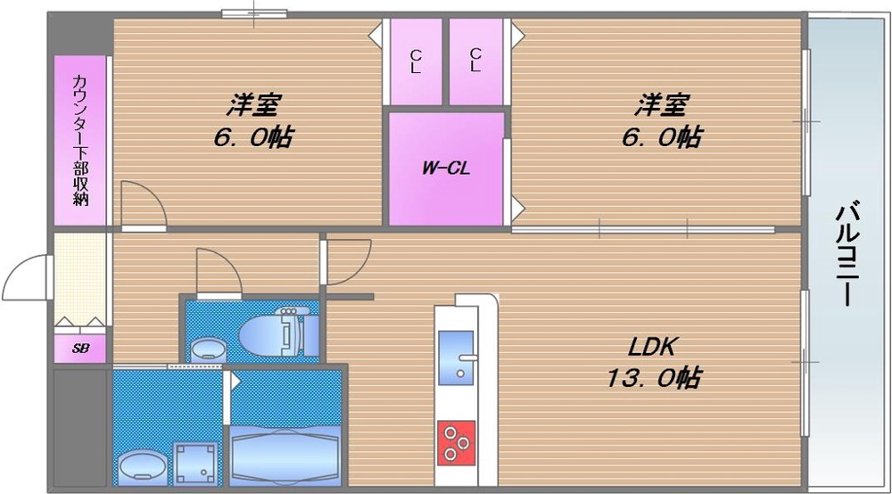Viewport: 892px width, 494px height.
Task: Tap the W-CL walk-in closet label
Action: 446,169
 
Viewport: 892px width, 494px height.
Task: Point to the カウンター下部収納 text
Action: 80,140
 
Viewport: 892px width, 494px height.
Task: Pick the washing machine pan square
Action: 194,462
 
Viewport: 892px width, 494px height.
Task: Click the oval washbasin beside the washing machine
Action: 141,465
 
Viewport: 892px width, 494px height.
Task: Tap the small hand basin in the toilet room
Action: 209,349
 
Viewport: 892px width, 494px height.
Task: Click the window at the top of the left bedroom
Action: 254,13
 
